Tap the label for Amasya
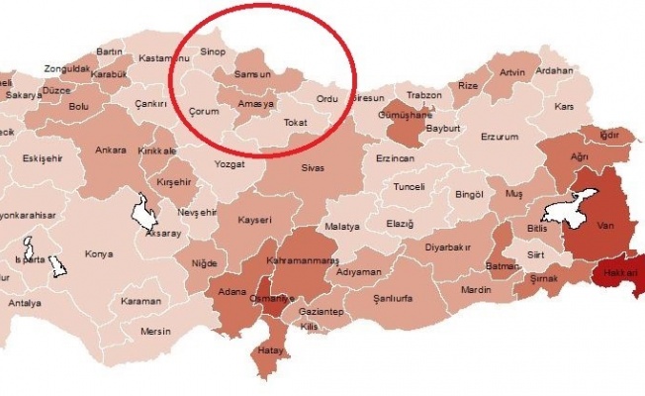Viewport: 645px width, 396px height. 256,102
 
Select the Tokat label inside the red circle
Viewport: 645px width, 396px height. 296,123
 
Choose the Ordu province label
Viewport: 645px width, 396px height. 326,99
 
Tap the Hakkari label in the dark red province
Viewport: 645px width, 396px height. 622,271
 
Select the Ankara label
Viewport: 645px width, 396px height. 110,150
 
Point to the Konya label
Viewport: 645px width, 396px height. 99,253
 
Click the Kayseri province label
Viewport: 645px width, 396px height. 253,219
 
